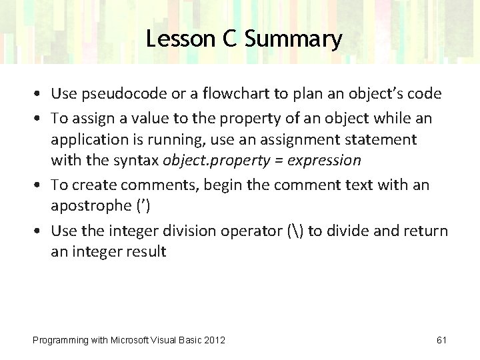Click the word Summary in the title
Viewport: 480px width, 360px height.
293,39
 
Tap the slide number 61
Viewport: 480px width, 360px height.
441,340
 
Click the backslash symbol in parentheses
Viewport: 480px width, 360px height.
295,231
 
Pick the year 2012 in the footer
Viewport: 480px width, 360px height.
212,340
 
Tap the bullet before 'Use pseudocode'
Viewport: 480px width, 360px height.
41,94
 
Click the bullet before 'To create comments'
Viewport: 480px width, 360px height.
41,185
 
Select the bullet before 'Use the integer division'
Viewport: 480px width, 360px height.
41,231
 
